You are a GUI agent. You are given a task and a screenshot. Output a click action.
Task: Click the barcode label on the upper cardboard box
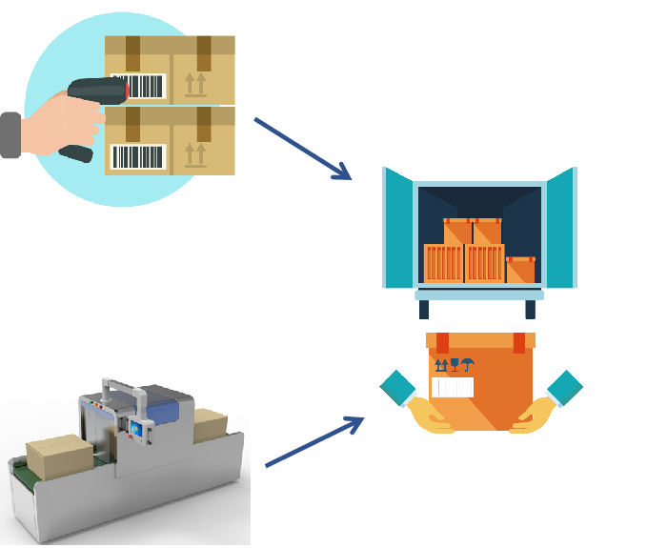[x=139, y=87]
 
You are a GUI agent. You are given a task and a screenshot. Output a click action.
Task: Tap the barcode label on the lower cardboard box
[x=139, y=156]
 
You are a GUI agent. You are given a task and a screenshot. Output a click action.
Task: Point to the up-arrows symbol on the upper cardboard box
[x=195, y=84]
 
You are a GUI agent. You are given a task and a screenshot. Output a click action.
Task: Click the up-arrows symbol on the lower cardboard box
[x=195, y=153]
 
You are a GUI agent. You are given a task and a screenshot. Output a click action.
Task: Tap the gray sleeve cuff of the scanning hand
[x=10, y=134]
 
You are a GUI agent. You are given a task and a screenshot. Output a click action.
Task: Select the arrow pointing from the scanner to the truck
[x=302, y=148]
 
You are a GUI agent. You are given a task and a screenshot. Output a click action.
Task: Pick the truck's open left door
[x=399, y=228]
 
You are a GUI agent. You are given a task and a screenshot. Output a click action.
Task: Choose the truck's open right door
[x=561, y=227]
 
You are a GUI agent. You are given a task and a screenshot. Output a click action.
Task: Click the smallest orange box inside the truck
[x=520, y=270]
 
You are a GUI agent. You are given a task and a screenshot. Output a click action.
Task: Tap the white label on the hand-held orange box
[x=453, y=387]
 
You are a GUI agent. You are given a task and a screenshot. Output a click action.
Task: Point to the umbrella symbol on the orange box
[x=468, y=364]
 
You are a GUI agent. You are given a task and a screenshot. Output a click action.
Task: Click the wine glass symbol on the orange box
[x=455, y=364]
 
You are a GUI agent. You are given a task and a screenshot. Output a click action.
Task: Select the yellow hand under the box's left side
[x=429, y=416]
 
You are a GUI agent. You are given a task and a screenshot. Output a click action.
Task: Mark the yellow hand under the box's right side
[x=535, y=416]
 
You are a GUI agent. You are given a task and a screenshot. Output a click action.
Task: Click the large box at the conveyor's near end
[x=59, y=457]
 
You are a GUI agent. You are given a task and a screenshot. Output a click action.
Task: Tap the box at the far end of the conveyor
[x=210, y=423]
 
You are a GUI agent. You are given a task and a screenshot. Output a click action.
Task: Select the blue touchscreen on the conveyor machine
[x=140, y=432]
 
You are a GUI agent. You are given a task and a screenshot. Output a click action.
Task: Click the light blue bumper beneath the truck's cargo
[x=479, y=295]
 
